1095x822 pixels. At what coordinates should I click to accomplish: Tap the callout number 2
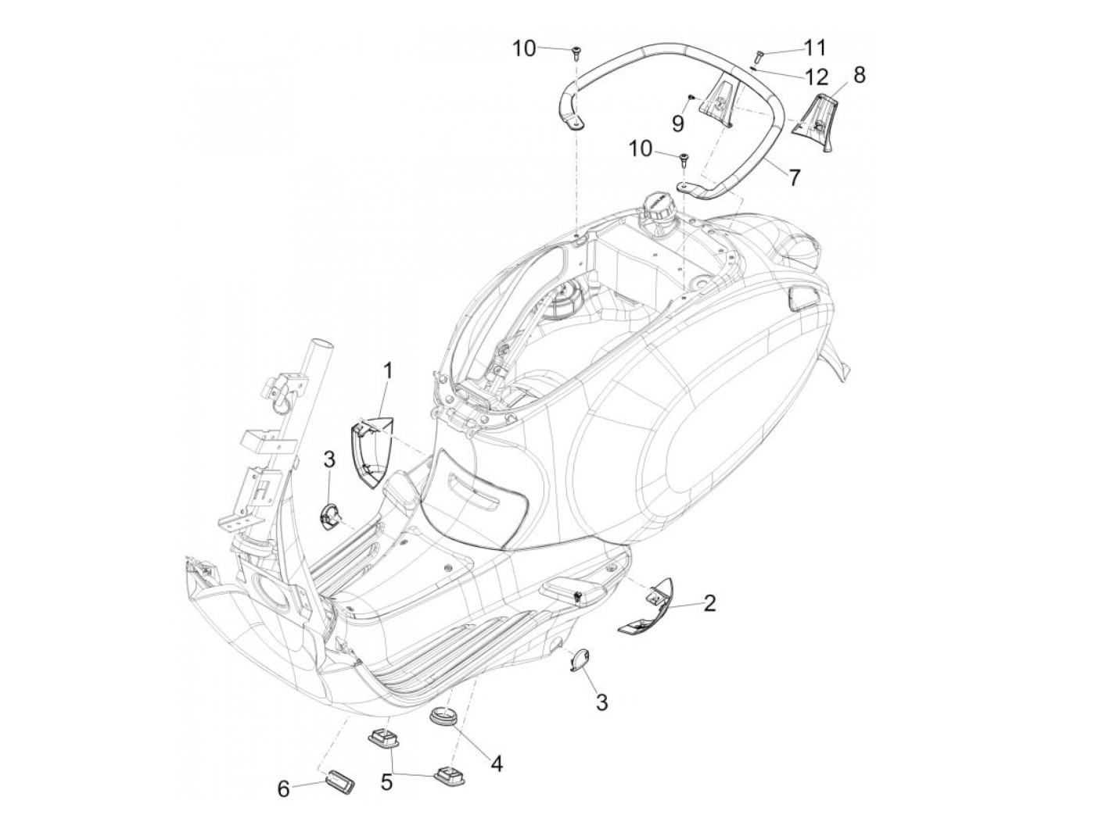pos(709,602)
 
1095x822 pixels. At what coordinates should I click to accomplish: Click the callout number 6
pos(283,790)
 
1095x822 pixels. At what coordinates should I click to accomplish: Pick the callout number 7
pos(794,177)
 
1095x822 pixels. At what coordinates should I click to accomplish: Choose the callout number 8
pos(859,75)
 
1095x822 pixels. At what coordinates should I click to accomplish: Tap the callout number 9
pos(678,123)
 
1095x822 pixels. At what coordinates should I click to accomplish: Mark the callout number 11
pos(814,48)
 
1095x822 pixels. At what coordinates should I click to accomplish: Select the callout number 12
pos(814,77)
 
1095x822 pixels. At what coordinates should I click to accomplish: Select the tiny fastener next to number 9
pos(691,97)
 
